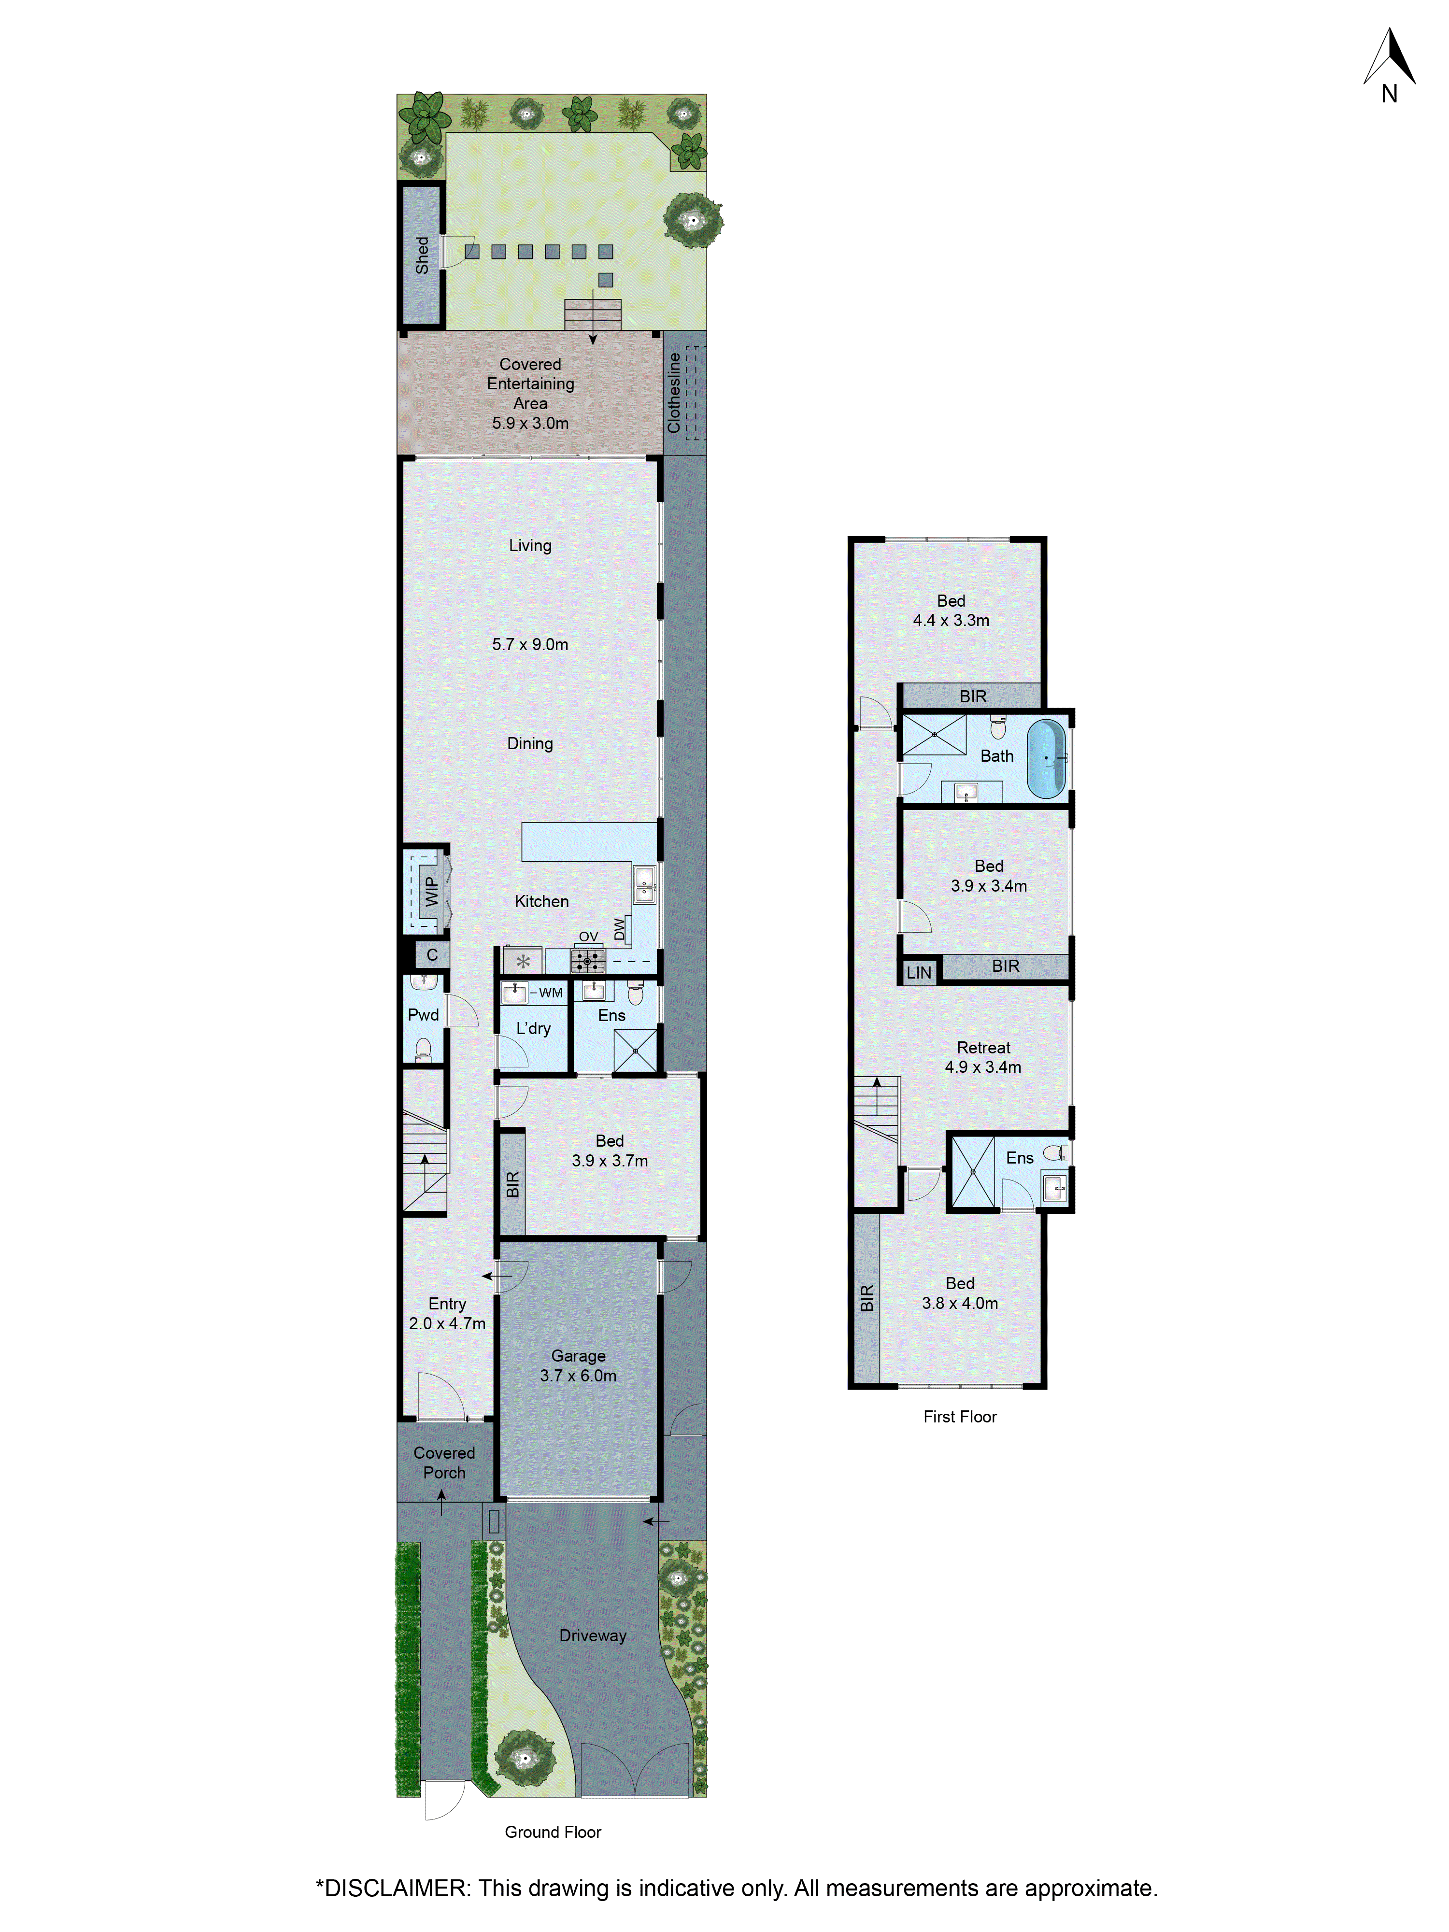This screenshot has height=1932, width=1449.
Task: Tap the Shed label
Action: coord(422,255)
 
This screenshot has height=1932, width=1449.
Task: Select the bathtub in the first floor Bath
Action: coord(1046,757)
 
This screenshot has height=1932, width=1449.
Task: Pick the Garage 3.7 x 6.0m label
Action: coord(578,1365)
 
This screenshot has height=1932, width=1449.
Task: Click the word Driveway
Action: coord(593,1635)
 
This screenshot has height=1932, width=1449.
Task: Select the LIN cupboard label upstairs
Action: coord(919,972)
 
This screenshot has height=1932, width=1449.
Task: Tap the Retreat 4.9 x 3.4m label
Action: coord(983,1057)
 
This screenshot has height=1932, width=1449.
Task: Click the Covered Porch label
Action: coord(444,1462)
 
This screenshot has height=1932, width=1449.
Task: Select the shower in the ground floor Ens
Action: coord(635,1051)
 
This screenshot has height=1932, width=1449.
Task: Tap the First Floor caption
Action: coord(960,1417)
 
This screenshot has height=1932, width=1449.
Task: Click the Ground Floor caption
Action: coord(553,1832)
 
